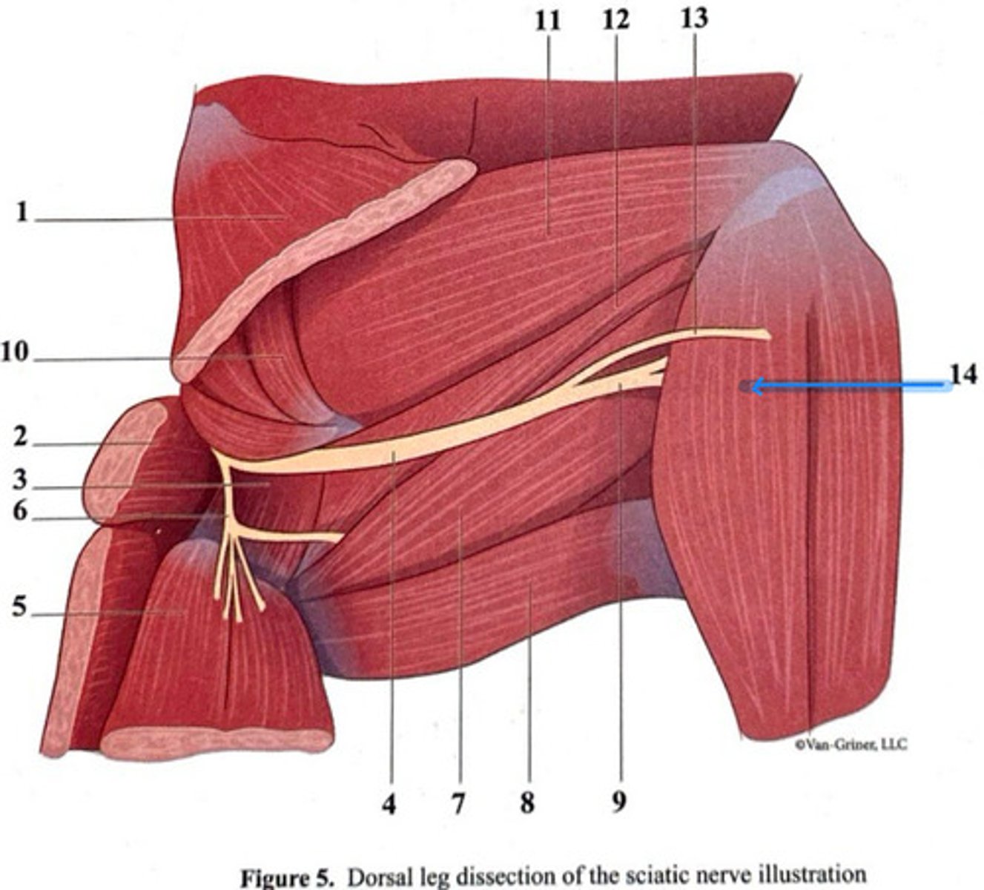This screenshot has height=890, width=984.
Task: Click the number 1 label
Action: [22, 213]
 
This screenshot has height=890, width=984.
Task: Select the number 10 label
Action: [15, 352]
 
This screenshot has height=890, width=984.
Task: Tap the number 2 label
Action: [20, 438]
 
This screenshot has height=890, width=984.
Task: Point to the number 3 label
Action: [20, 481]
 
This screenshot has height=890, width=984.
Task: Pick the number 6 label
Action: [20, 512]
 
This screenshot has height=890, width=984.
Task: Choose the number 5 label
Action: [20, 608]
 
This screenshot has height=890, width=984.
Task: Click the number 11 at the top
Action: [547, 21]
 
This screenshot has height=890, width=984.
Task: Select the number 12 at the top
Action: [615, 21]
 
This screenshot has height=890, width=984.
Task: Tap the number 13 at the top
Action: [693, 18]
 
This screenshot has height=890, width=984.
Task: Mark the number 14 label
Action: [962, 375]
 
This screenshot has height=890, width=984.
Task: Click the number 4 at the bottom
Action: [389, 803]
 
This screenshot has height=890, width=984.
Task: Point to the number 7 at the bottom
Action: [458, 803]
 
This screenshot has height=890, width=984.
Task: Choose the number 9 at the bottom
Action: [619, 802]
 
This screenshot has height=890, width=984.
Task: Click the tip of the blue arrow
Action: [752, 386]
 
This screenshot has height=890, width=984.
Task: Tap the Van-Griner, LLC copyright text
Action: [850, 744]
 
